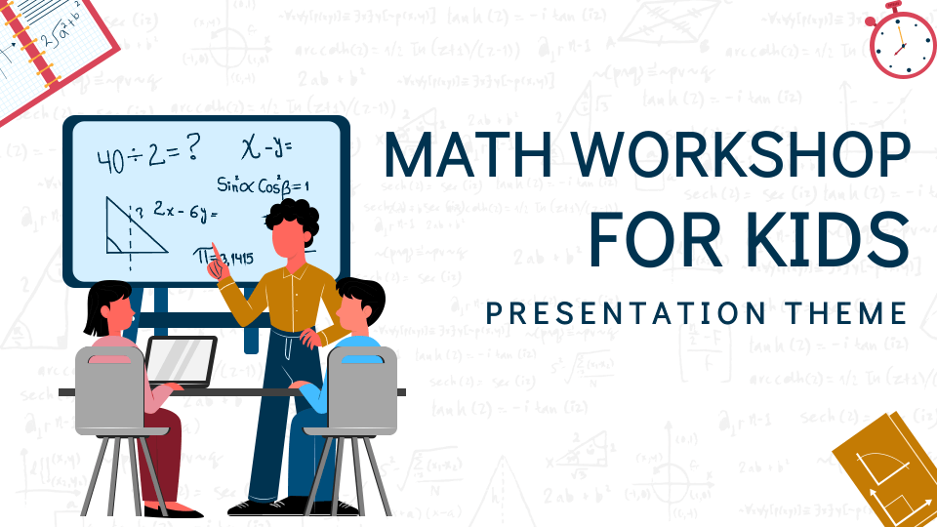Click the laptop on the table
(x=181, y=360)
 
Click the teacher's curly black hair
(x=292, y=216)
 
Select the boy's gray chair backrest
(x=362, y=389)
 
